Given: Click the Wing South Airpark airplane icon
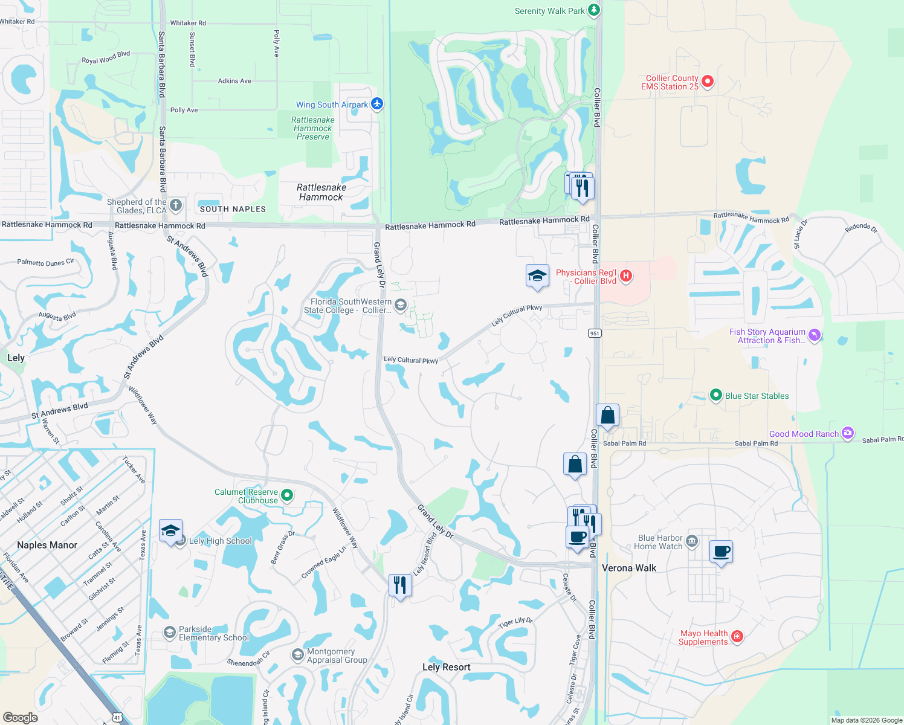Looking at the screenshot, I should (377, 104).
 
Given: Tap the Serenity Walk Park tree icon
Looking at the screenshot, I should (594, 10).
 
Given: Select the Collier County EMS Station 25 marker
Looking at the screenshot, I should (708, 82).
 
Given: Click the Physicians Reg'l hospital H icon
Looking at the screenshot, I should (626, 276).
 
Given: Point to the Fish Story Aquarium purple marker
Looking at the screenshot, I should (815, 335).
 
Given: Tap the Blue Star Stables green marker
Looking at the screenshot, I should (716, 395).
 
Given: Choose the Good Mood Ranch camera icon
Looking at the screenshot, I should (848, 433).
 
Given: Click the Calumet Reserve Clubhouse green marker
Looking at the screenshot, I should (288, 495).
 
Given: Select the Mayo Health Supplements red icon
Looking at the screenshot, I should (737, 636).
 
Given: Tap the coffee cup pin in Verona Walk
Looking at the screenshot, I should (721, 552).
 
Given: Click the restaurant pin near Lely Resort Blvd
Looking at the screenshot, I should (400, 585).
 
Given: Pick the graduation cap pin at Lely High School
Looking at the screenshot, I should (171, 531).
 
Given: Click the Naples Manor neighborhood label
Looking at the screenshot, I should (47, 545).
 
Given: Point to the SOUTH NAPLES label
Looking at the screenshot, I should (233, 209).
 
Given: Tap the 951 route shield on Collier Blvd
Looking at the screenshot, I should (595, 333).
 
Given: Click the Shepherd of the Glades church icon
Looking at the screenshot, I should (176, 205).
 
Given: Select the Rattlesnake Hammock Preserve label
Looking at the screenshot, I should (313, 128).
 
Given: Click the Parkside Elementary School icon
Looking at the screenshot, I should (170, 633).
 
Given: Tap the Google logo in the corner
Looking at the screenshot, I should (20, 717).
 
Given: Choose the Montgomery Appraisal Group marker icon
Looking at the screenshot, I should (297, 655).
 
